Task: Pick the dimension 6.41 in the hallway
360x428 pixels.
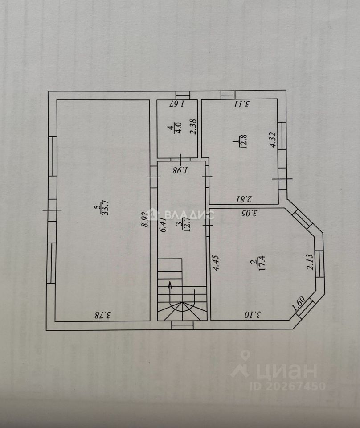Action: click(x=163, y=224)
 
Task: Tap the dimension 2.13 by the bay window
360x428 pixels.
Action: click(x=311, y=261)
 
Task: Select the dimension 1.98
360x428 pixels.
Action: click(x=181, y=169)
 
